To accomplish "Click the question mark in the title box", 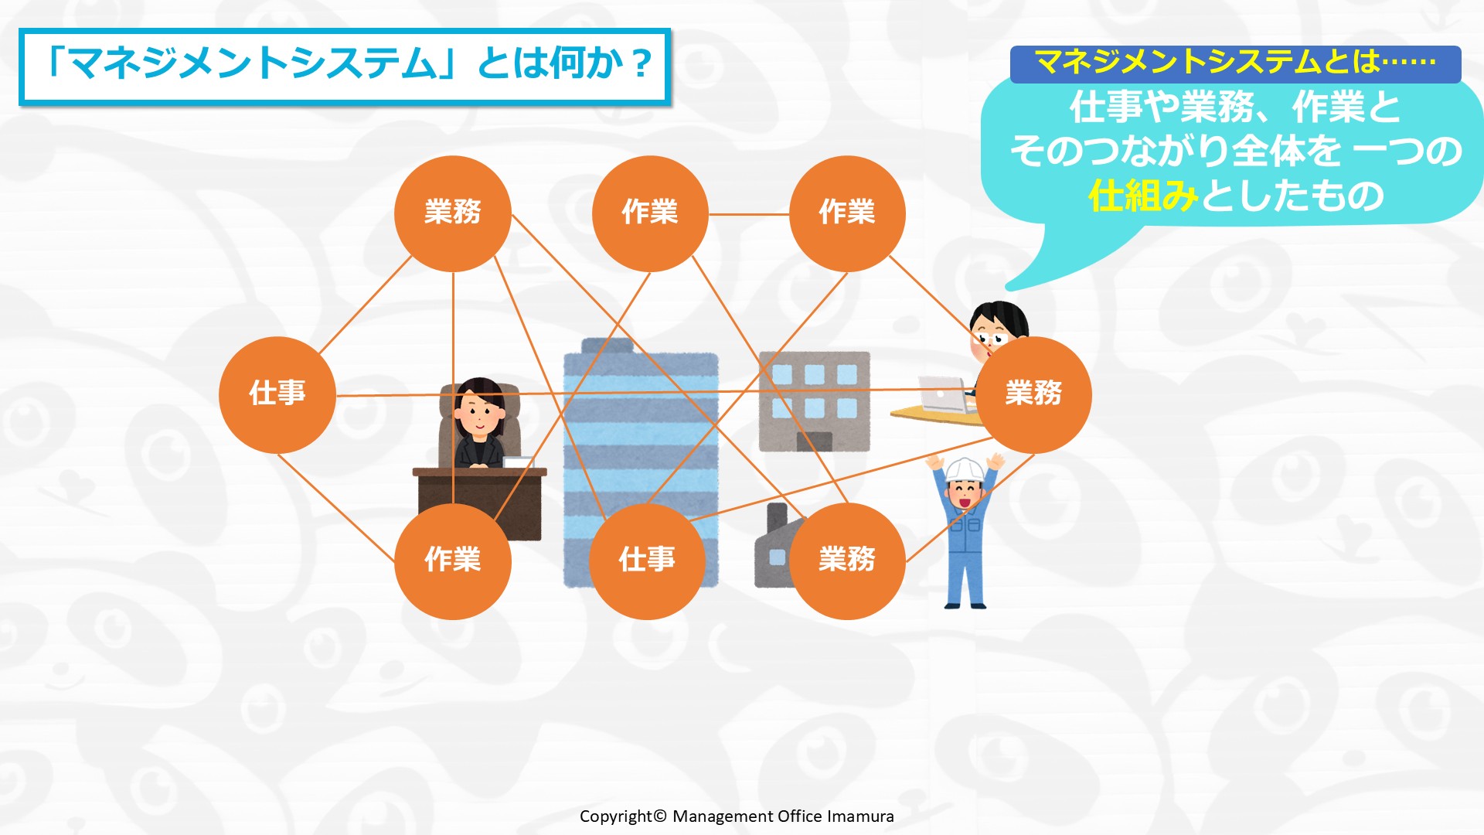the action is click(642, 64).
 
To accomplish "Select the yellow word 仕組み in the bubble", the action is click(1143, 196).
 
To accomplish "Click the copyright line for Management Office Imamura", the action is click(737, 816).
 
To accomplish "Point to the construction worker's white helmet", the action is click(965, 469).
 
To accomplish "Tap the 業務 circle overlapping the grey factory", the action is click(847, 561).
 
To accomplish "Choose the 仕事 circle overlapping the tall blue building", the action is click(648, 561).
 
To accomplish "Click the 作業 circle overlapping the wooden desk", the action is click(453, 561).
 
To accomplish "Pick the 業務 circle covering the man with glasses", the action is click(1033, 394).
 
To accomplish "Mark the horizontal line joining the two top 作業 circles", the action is click(748, 214).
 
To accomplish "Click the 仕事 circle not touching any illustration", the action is click(277, 394).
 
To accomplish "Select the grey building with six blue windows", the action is click(815, 401).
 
